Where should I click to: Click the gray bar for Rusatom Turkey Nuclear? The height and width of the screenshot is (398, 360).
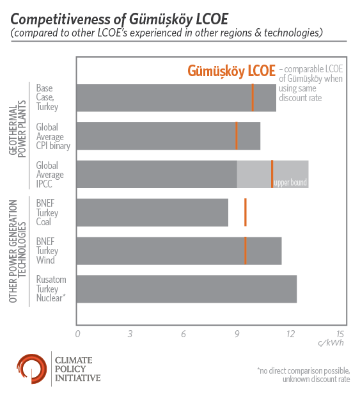click(187, 289)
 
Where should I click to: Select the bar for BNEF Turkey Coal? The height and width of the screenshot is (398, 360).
click(152, 212)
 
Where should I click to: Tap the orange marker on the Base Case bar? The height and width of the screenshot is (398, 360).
click(253, 97)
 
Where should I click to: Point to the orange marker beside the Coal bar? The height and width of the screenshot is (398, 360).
click(246, 212)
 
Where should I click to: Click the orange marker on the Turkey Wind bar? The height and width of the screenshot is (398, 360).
click(246, 251)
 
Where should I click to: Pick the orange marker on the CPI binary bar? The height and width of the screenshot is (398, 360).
click(237, 136)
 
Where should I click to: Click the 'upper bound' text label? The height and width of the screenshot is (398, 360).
click(290, 182)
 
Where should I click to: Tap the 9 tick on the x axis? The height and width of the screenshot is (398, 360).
click(237, 334)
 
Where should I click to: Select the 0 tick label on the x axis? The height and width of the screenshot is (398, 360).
click(77, 334)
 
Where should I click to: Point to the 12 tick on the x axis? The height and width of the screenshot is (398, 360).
click(291, 334)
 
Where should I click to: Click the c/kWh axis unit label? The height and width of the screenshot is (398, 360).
click(331, 343)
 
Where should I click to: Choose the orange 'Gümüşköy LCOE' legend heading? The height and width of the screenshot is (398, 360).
click(231, 71)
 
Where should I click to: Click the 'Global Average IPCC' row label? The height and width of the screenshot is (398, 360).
click(50, 175)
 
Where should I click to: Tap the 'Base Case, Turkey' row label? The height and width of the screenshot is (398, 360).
click(47, 97)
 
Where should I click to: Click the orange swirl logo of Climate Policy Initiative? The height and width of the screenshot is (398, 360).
click(32, 369)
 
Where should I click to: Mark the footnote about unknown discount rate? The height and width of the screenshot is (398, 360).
click(304, 375)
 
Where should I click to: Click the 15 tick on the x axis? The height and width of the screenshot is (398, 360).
click(340, 334)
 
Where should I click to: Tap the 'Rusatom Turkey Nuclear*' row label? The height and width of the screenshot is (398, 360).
click(51, 289)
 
